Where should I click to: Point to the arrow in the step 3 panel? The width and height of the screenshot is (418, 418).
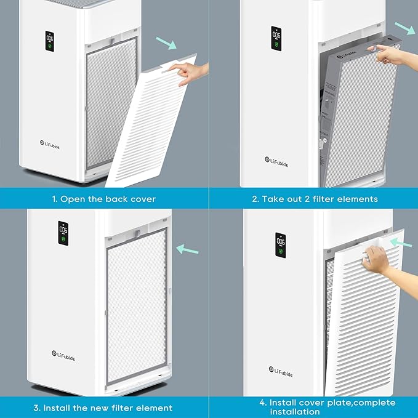point(188,249)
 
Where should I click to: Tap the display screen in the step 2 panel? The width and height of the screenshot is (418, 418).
point(276,38)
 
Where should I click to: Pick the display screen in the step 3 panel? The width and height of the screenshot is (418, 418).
point(63,233)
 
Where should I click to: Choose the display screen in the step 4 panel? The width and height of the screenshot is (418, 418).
point(280,244)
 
